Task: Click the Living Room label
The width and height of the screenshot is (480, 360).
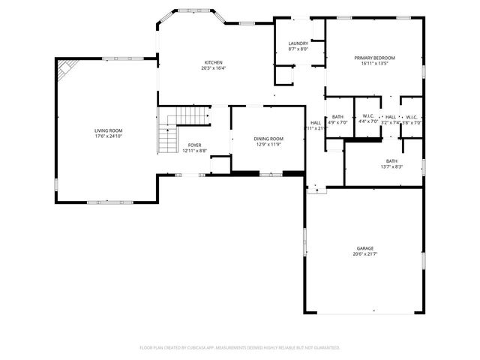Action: click(x=108, y=130)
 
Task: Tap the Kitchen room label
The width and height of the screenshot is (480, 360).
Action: click(x=214, y=62)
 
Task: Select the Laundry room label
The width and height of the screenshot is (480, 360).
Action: click(x=298, y=43)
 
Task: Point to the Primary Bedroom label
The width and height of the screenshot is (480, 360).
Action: click(x=374, y=58)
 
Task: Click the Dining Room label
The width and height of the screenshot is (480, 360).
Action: click(x=268, y=138)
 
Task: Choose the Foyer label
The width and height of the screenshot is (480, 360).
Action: click(x=194, y=145)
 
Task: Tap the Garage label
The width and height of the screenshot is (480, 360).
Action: click(x=364, y=248)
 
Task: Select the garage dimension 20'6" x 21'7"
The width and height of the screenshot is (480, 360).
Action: click(x=364, y=254)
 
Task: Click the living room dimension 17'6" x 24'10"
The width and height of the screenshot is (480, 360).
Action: click(x=108, y=136)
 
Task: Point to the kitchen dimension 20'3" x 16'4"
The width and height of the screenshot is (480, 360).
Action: click(x=214, y=68)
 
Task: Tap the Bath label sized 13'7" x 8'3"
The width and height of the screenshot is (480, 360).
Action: click(x=391, y=160)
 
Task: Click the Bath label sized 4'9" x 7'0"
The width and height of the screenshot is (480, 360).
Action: click(x=337, y=117)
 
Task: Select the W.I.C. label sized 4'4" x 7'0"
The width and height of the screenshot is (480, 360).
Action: click(x=367, y=117)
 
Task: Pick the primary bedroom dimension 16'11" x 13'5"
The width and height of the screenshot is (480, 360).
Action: click(x=374, y=64)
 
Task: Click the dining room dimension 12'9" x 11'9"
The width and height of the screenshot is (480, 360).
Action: click(x=268, y=144)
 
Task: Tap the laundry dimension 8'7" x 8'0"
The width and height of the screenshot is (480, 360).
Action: click(x=298, y=49)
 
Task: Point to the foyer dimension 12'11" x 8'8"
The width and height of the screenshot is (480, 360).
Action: click(x=194, y=151)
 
